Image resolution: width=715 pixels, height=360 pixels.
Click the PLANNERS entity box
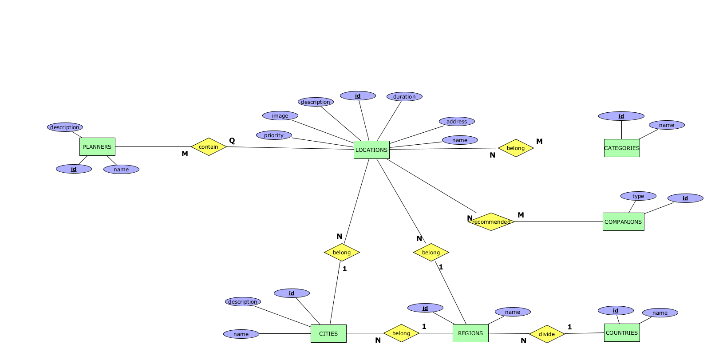pos(97,146)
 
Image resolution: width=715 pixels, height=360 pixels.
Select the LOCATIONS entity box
pos(371,150)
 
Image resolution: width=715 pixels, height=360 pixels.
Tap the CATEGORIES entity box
pos(622,148)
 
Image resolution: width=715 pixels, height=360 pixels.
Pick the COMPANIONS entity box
pos(623,222)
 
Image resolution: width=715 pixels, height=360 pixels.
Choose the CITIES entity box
pos(328,333)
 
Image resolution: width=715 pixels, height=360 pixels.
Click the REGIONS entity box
pos(470,333)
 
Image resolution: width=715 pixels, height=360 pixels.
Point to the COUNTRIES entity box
pos(622,332)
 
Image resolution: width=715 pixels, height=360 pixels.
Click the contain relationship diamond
pos(209,146)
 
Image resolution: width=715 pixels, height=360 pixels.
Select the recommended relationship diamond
pos(491,222)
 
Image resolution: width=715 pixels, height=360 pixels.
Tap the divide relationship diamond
pos(547,334)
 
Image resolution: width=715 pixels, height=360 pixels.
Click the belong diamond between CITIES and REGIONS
pos(401,333)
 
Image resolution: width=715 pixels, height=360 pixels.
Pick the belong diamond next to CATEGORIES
pos(516,148)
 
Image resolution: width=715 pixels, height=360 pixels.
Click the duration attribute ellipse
pos(404,96)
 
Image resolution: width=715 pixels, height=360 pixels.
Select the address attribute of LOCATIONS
pos(457,121)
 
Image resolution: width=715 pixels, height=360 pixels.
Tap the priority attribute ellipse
pos(274,135)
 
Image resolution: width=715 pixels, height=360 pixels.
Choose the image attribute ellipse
pos(280,115)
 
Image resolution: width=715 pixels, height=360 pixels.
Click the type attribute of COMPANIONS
pos(638,196)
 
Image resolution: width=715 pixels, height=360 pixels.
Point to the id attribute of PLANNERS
pos(74,169)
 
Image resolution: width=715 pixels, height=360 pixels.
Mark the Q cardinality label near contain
pos(232,140)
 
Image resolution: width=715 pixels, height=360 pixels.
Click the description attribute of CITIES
pos(243,301)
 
